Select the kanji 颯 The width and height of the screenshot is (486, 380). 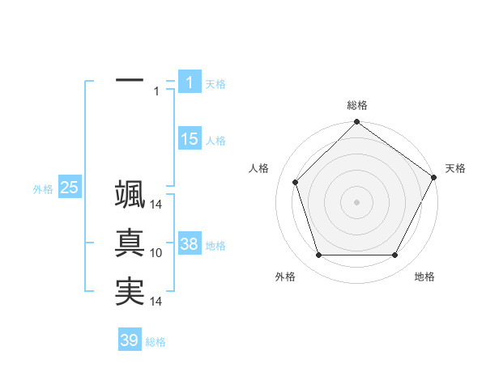(130, 195)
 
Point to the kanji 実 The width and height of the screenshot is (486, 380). (130, 291)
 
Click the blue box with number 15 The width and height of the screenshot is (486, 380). (190, 139)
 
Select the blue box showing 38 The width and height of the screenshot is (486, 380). (190, 244)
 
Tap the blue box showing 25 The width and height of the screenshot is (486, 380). (70, 188)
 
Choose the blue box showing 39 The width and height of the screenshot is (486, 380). (130, 340)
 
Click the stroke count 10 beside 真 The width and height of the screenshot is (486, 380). (157, 253)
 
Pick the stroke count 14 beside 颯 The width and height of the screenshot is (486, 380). (157, 205)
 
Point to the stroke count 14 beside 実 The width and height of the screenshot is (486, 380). (157, 302)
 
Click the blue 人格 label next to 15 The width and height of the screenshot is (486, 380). (215, 141)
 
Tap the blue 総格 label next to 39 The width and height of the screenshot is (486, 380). (156, 342)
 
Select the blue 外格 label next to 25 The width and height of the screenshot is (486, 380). (43, 189)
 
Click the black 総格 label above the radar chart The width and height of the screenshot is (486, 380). (357, 105)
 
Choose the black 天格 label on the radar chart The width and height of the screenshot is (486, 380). (455, 168)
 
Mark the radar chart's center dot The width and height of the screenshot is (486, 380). (357, 201)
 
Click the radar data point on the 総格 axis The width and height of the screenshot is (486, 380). (357, 124)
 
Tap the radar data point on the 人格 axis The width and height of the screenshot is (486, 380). (296, 182)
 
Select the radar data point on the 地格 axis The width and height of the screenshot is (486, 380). (395, 255)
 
